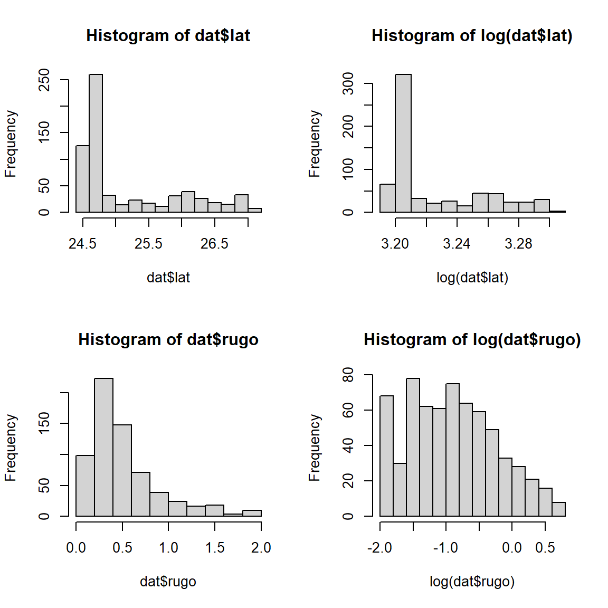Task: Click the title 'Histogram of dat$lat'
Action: click(x=168, y=35)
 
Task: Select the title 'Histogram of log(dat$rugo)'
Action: click(x=472, y=339)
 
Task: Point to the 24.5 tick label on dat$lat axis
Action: click(x=82, y=244)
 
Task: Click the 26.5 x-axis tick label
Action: click(x=214, y=244)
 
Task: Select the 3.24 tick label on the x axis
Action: click(x=457, y=244)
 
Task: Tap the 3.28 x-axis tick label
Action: click(x=518, y=244)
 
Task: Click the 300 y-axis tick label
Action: click(x=348, y=83)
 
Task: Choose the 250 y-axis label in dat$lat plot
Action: click(x=44, y=80)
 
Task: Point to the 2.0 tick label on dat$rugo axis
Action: click(x=261, y=548)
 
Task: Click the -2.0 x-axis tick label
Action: click(x=379, y=548)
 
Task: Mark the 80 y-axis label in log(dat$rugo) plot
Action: click(x=348, y=375)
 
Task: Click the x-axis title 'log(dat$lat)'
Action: click(x=472, y=278)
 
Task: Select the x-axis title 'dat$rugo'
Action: click(x=168, y=582)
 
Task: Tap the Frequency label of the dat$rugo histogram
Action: click(x=11, y=448)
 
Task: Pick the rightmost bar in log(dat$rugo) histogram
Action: click(x=558, y=509)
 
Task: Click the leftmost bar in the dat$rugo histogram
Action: click(x=85, y=486)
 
